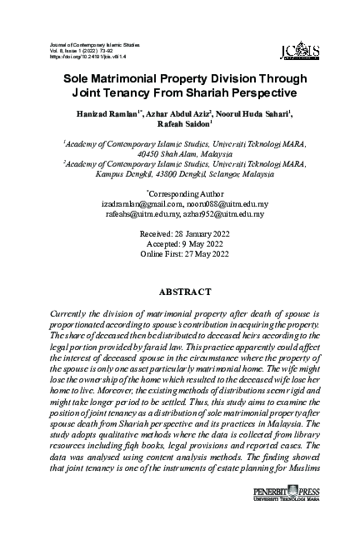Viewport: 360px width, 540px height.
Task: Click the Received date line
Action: click(x=180, y=235)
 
